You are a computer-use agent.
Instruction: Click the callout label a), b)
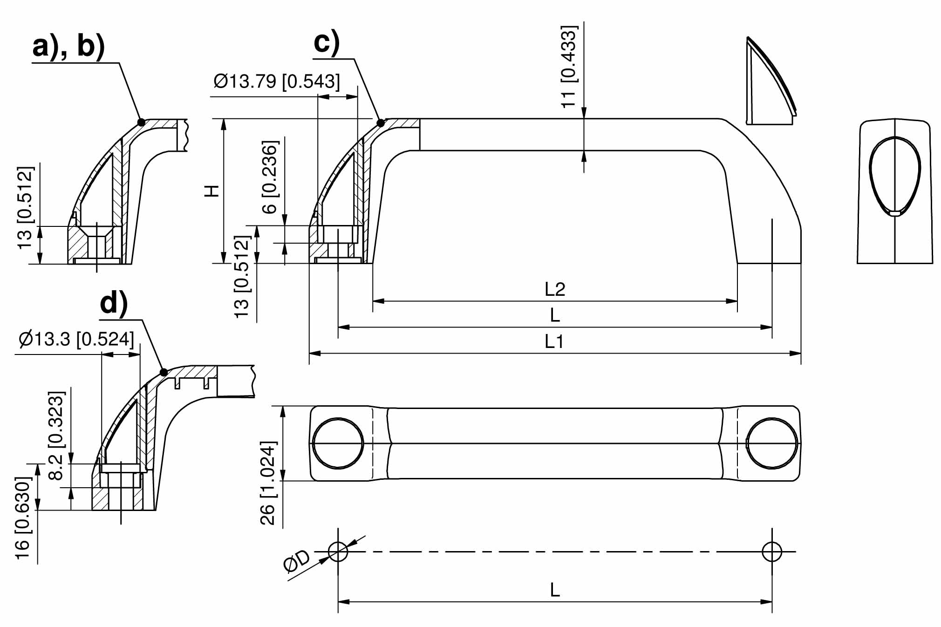pyautogui.click(x=69, y=48)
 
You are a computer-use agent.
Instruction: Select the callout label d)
pyautogui.click(x=114, y=304)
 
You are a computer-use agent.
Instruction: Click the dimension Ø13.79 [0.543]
pyautogui.click(x=277, y=81)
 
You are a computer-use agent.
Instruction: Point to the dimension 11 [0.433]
pyautogui.click(x=569, y=67)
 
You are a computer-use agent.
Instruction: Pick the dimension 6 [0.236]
pyautogui.click(x=270, y=177)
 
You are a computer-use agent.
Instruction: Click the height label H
pyautogui.click(x=212, y=191)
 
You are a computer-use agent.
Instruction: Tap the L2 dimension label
pyautogui.click(x=555, y=289)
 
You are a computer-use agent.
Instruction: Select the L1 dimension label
pyautogui.click(x=554, y=342)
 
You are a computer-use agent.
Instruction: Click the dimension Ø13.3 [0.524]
pyautogui.click(x=76, y=339)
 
